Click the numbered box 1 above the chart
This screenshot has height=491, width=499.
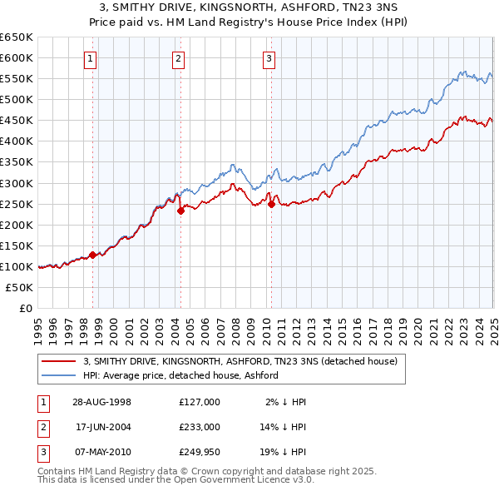coord(89,58)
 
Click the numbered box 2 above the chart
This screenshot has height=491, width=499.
coord(179,58)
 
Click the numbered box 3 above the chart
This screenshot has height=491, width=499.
coord(269,58)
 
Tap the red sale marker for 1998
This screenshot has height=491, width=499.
coord(93,255)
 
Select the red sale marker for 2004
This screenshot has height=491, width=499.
coord(180,211)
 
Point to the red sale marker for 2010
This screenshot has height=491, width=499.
coord(270,203)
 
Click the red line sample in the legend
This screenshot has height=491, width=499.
coord(58,362)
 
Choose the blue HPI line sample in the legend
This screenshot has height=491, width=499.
coord(58,375)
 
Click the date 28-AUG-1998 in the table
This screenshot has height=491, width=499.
coord(102,402)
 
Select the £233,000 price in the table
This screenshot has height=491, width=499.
coord(199,426)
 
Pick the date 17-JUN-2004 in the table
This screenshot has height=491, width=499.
coord(102,426)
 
